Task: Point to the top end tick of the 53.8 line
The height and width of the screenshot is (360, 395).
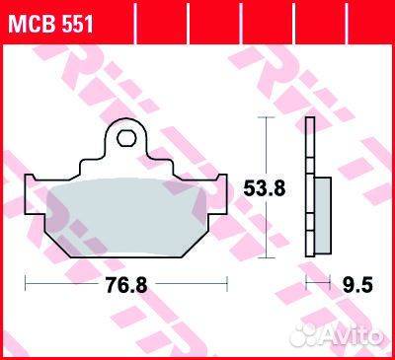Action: point(263,117)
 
